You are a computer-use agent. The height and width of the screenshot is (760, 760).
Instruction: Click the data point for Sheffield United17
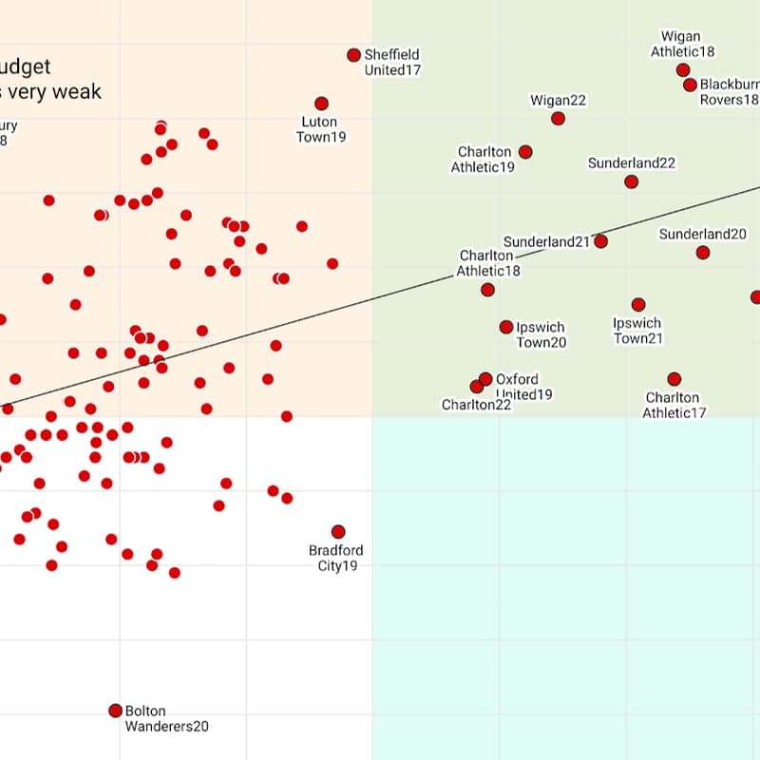pyautogui.click(x=353, y=55)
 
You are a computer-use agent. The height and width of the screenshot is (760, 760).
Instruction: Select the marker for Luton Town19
pyautogui.click(x=321, y=104)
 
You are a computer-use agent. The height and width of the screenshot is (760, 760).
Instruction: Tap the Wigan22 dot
pyautogui.click(x=558, y=119)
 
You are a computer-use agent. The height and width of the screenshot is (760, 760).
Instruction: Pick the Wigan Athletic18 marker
pyautogui.click(x=683, y=70)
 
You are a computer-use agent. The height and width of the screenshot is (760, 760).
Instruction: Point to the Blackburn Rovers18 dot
pyautogui.click(x=690, y=85)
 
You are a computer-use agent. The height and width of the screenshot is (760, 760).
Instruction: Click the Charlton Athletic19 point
pyautogui.click(x=525, y=152)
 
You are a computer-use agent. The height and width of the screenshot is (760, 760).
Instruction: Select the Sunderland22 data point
pyautogui.click(x=631, y=181)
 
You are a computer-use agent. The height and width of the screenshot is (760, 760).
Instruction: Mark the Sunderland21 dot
pyautogui.click(x=600, y=241)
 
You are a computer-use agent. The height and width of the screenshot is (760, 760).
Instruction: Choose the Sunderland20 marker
pyautogui.click(x=702, y=253)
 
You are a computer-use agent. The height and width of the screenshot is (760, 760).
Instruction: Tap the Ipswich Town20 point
pyautogui.click(x=506, y=327)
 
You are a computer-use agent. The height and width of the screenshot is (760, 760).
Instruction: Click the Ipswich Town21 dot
pyautogui.click(x=638, y=305)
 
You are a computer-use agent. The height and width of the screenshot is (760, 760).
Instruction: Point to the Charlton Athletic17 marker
pyautogui.click(x=674, y=379)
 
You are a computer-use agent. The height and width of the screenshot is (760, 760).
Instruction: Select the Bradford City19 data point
pyautogui.click(x=337, y=532)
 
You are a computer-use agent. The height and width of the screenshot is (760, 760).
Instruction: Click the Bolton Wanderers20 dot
pyautogui.click(x=115, y=711)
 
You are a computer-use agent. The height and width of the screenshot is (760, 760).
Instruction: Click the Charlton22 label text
pyautogui.click(x=476, y=405)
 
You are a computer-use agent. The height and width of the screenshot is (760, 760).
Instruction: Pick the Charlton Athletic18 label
pyautogui.click(x=487, y=263)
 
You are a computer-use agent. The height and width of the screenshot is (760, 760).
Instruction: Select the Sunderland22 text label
pyautogui.click(x=632, y=163)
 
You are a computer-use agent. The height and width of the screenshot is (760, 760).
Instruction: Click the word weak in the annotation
pyautogui.click(x=79, y=92)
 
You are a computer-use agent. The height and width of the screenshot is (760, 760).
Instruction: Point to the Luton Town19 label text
pyautogui.click(x=323, y=129)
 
